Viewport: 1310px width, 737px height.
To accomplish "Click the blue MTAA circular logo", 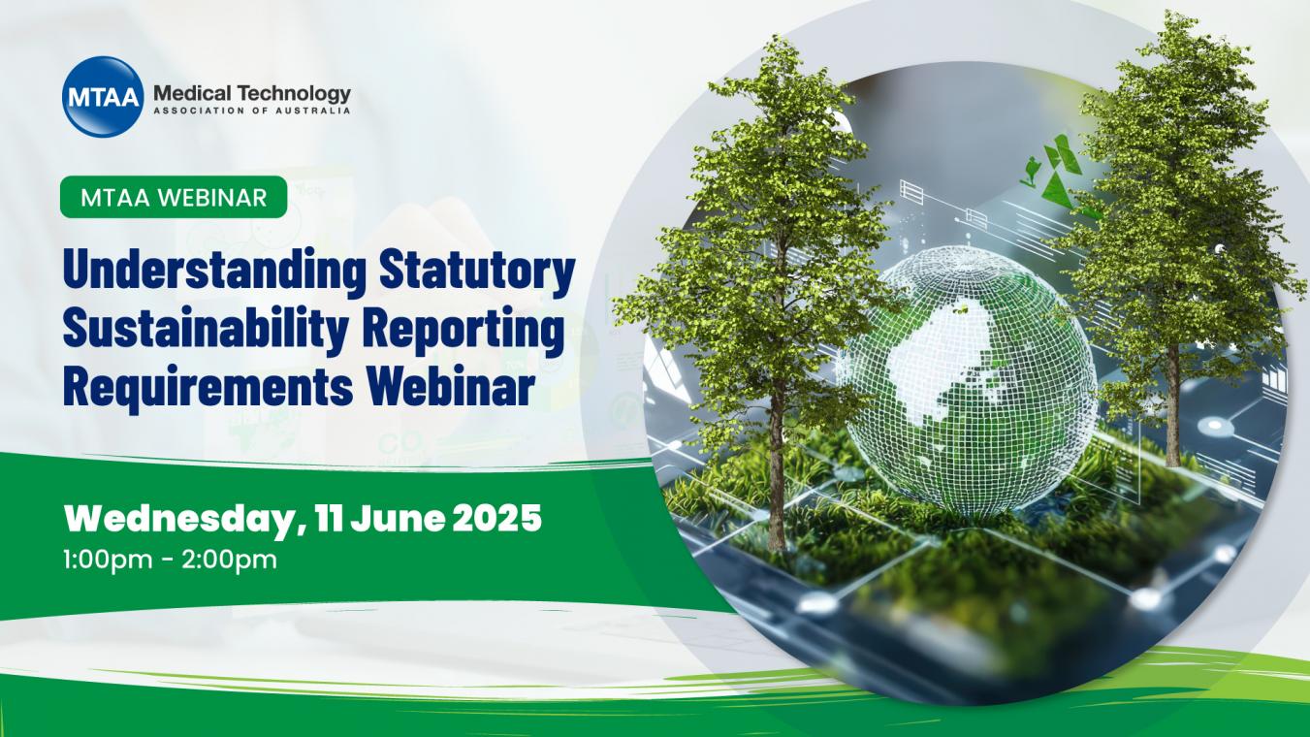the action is [103, 97].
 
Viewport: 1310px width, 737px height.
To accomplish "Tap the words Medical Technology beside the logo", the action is [252, 92].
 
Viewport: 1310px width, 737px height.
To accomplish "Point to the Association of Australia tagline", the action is [252, 110].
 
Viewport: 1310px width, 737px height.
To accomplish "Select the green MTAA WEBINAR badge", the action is [174, 197].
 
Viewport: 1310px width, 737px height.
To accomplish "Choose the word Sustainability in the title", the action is [206, 329].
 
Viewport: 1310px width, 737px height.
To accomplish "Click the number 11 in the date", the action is [328, 518].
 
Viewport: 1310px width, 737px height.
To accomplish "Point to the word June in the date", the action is [398, 518].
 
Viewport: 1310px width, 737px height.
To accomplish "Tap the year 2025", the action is [497, 518].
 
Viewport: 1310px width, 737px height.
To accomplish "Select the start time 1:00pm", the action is [112, 561].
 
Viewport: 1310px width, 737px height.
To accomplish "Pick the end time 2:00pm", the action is [229, 561].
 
